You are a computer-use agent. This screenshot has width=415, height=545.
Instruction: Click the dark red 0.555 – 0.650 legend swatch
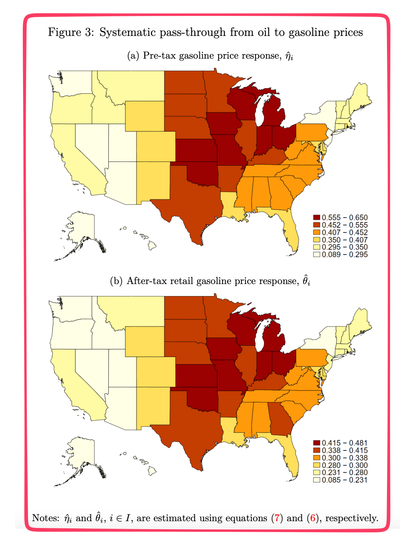317,217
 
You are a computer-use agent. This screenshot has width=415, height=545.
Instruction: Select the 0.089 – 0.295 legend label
345,255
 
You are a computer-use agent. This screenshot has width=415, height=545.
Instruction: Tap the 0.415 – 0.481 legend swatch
317,443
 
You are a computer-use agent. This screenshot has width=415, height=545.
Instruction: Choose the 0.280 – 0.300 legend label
345,465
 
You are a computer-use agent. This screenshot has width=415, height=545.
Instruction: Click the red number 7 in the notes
277,518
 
